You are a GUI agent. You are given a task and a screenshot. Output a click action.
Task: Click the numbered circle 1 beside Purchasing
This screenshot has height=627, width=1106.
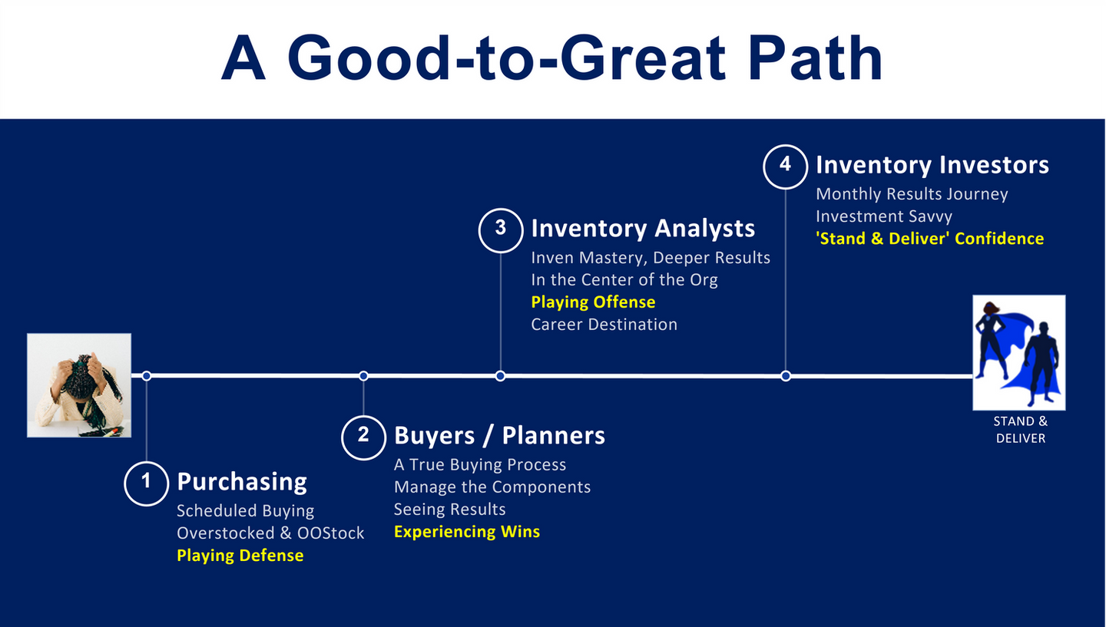[x=146, y=483]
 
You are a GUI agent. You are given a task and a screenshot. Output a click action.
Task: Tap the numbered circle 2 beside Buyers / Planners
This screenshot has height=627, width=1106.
[x=363, y=436]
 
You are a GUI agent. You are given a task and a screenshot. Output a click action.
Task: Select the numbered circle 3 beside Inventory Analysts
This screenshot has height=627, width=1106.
[x=501, y=229]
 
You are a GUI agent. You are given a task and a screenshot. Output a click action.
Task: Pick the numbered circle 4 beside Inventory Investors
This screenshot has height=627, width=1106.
[x=786, y=165]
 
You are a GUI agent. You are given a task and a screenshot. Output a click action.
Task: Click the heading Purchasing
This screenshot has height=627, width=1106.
[x=242, y=482]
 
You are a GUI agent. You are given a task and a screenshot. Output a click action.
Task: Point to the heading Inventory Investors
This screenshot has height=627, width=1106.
[x=932, y=165]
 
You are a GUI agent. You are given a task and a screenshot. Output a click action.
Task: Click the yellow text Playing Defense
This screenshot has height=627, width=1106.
[x=240, y=556]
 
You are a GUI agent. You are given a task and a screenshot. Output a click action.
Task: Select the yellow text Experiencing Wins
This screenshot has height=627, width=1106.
[x=467, y=532]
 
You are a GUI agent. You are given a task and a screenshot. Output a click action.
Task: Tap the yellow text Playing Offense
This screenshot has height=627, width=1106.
[x=593, y=302]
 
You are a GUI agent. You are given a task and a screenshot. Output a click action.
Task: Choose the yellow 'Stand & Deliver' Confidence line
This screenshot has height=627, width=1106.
[x=929, y=239]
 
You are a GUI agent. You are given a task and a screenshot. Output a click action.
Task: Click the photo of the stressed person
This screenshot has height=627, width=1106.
[x=79, y=385]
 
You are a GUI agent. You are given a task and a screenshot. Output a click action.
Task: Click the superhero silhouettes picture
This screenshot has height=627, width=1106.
[x=1018, y=352]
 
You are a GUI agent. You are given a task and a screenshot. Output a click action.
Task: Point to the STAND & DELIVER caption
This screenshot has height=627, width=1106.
[x=1020, y=430]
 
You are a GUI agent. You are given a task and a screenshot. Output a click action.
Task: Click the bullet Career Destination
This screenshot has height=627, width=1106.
[x=604, y=325]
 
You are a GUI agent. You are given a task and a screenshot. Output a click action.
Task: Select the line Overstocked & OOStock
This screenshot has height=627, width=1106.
[x=270, y=533]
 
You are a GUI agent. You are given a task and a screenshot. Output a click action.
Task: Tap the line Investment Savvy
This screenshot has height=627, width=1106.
[x=883, y=216]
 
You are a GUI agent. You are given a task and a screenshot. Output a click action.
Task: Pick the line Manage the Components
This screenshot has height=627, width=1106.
[x=492, y=487]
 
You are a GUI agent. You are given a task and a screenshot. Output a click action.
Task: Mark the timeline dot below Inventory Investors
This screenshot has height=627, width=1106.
[x=786, y=376]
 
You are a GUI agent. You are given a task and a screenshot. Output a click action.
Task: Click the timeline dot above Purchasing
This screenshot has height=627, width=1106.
[x=147, y=376]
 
